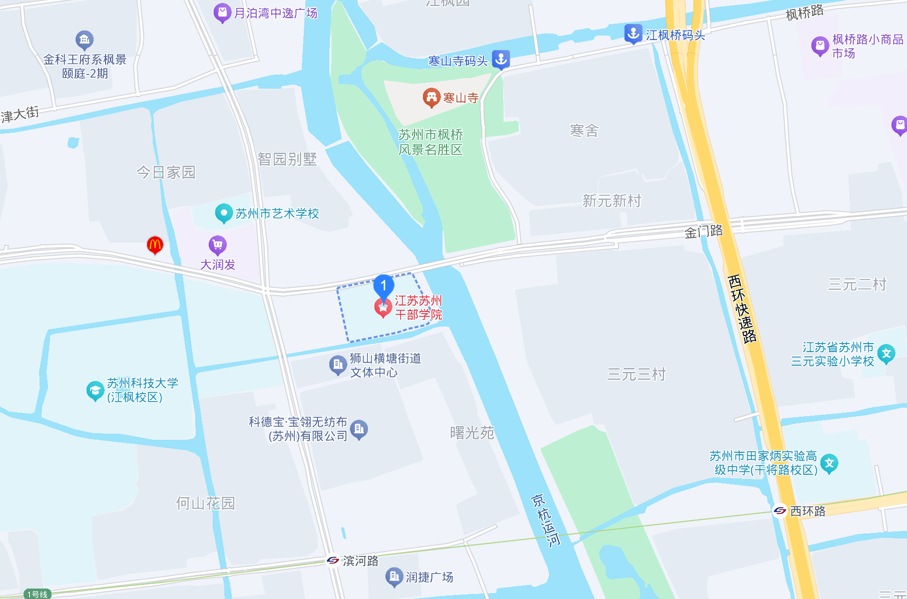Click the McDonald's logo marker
point(155,245)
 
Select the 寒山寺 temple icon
point(431,98)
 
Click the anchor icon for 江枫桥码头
point(633,34)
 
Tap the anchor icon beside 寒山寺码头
point(501,59)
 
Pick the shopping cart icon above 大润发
point(217,245)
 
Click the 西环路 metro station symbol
point(780,510)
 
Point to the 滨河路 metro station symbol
point(333,560)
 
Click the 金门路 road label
point(703,231)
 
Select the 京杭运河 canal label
point(546,520)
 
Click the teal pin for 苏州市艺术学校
point(223,213)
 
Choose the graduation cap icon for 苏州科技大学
point(95,390)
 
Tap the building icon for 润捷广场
point(394,576)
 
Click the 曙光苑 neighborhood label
point(472,433)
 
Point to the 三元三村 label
point(636,374)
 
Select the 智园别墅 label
point(287,159)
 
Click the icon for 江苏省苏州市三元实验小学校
point(886,354)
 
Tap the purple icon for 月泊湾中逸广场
point(222,13)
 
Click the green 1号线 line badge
point(38,594)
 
